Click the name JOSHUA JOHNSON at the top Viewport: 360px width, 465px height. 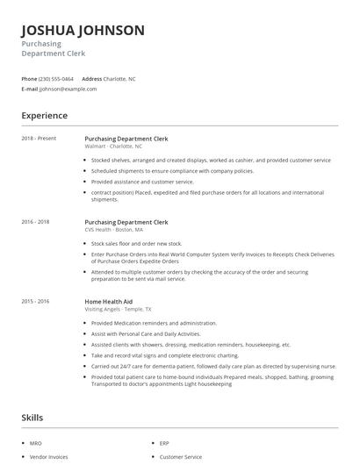coord(83,31)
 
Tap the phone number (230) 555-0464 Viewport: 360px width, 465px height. coord(56,78)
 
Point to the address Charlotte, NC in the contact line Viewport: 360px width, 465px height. coord(119,78)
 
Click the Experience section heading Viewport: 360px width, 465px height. coord(44,115)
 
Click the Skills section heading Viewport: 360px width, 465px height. coord(32,418)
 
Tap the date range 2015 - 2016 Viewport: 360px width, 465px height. coord(35,301)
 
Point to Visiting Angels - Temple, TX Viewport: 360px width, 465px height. coord(118,309)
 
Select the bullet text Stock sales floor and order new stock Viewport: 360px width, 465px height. coord(136,243)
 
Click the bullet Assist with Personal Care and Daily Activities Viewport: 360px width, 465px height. coord(146,333)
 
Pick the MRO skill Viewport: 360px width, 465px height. coord(35,444)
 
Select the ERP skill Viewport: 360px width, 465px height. coord(164,444)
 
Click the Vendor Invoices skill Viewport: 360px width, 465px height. coord(47,457)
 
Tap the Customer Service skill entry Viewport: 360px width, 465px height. coord(179,457)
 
